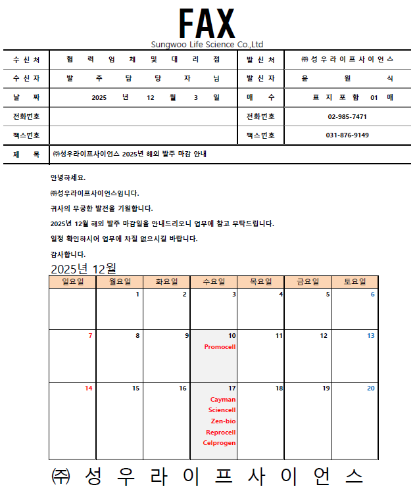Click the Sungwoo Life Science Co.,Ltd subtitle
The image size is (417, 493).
[x=207, y=45]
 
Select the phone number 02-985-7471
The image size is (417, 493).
[x=347, y=116]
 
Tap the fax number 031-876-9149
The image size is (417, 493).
[x=347, y=135]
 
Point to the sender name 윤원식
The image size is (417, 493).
[x=347, y=78]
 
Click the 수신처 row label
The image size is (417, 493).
[x=26, y=59]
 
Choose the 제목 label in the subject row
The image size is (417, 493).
[x=26, y=154]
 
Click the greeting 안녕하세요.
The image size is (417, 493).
[x=68, y=178]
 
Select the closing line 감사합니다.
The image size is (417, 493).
[x=68, y=254]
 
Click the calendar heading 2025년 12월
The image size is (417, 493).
[x=84, y=269]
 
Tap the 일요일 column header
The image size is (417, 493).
[x=72, y=282]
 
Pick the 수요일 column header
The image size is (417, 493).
[x=214, y=282]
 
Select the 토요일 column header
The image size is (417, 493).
[x=355, y=282]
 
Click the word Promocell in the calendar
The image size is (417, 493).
[x=220, y=346]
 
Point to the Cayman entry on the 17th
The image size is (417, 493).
[x=223, y=399]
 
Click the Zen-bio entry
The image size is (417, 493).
[x=223, y=421]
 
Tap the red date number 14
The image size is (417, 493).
[x=89, y=388]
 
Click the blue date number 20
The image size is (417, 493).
[x=371, y=388]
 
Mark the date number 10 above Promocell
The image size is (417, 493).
[x=232, y=336]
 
